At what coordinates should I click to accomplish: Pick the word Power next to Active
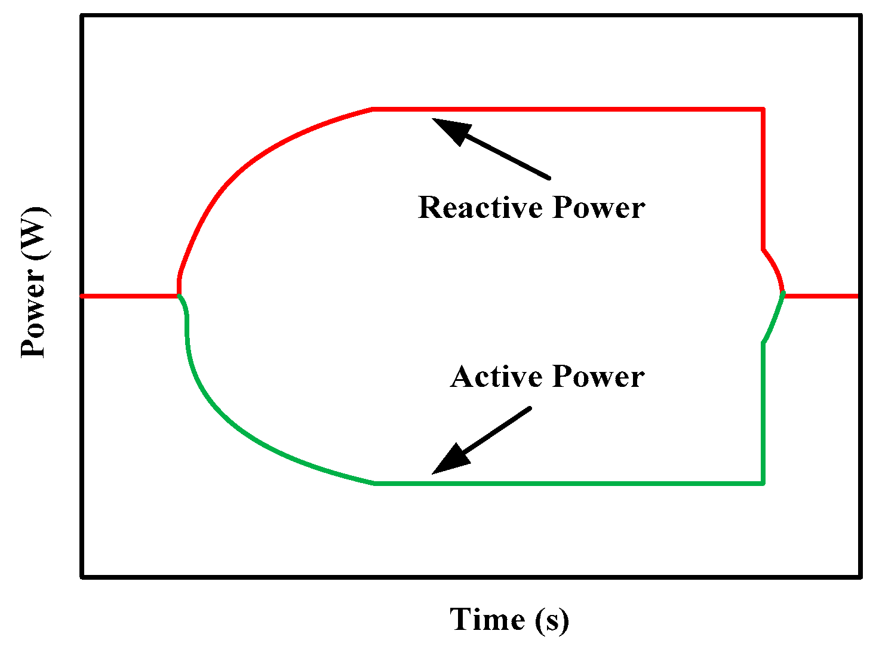pyautogui.click(x=598, y=377)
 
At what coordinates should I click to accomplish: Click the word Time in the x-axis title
pyautogui.click(x=487, y=619)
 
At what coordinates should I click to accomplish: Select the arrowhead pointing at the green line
pyautogui.click(x=449, y=460)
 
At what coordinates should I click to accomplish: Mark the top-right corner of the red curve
pyautogui.click(x=763, y=109)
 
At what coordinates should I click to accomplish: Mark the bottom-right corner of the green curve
pyautogui.click(x=763, y=483)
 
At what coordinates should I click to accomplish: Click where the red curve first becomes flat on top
pyautogui.click(x=373, y=109)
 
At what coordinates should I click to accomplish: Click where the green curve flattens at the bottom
pyautogui.click(x=375, y=483)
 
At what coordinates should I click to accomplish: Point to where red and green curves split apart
pyautogui.click(x=179, y=296)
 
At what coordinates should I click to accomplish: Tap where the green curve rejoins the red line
pyautogui.click(x=783, y=294)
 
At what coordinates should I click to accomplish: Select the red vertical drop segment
pyautogui.click(x=763, y=179)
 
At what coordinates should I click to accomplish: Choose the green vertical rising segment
pyautogui.click(x=763, y=412)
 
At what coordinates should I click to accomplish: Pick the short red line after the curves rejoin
pyautogui.click(x=821, y=296)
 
